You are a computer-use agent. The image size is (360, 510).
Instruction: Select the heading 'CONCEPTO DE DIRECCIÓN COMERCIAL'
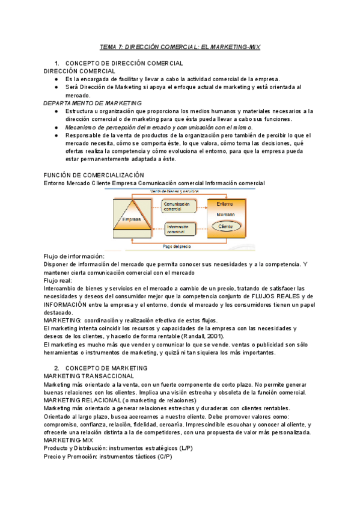(x=124, y=63)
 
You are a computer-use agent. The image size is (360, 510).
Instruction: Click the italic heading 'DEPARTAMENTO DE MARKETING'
(x=93, y=103)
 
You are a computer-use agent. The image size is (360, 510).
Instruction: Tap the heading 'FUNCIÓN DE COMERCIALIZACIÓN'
(x=94, y=174)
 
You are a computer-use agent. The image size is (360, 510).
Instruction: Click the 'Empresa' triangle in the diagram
(x=132, y=220)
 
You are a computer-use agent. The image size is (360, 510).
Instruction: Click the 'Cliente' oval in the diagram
(x=226, y=227)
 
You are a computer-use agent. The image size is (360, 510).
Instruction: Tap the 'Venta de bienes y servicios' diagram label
(x=174, y=191)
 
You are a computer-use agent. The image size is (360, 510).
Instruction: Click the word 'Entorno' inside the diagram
(x=226, y=204)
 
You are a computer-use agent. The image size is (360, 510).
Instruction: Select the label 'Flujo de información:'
(x=75, y=256)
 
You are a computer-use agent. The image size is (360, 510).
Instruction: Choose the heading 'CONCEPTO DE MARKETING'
(x=111, y=367)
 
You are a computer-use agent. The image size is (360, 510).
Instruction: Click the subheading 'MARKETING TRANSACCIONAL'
(x=89, y=376)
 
